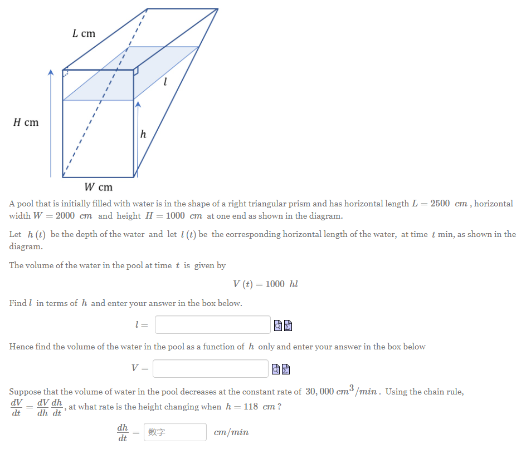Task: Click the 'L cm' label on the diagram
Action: coord(84,33)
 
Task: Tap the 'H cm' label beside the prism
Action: coord(26,122)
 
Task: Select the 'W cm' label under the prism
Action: coord(98,187)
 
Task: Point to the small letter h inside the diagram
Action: coord(143,134)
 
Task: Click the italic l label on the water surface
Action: coord(165,82)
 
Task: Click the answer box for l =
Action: coord(212,325)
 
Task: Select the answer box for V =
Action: coord(210,368)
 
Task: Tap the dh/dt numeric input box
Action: coord(175,432)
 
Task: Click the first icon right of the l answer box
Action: coord(279,325)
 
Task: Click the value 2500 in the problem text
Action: coord(440,204)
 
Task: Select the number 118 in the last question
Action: coord(251,407)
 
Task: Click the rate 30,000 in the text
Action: coord(319,392)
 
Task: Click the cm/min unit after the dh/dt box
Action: coord(231,432)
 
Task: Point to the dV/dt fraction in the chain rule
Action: coord(16,407)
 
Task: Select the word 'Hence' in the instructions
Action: coord(21,347)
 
